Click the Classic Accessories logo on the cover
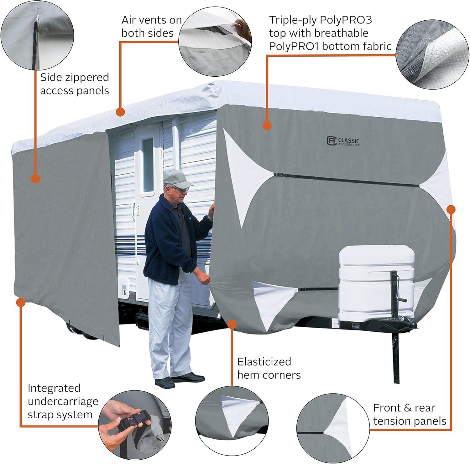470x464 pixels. [343, 141]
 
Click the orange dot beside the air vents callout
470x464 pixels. [120, 112]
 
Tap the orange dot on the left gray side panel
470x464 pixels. [36, 178]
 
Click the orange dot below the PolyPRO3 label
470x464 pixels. [267, 125]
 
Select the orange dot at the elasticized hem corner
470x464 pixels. [232, 324]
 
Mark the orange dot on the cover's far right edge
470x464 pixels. [451, 209]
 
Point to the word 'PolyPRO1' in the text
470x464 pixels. [294, 46]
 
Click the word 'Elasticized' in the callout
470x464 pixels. [264, 362]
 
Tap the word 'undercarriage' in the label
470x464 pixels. [63, 401]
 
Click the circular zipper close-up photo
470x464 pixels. [37, 35]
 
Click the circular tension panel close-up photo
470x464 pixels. [333, 428]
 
